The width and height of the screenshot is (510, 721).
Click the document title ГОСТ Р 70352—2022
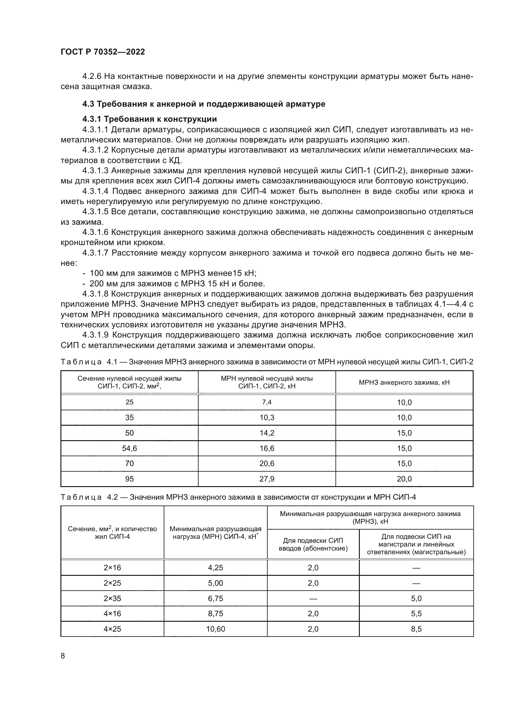(x=103, y=52)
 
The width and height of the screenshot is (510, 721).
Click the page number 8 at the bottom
(x=63, y=656)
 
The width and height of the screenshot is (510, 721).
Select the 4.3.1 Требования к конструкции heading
(x=150, y=119)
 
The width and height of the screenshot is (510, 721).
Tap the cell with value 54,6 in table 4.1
(x=130, y=449)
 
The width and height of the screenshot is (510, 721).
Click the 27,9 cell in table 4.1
(x=267, y=479)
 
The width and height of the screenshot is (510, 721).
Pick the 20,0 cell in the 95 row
(x=404, y=479)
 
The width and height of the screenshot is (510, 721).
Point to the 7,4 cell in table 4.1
(x=267, y=402)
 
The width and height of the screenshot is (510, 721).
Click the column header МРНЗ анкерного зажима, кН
(x=404, y=383)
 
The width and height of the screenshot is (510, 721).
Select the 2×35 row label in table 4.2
(x=112, y=599)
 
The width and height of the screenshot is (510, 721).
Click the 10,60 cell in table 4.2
(x=216, y=629)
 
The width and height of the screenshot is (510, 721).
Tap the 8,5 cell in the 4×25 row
(x=416, y=629)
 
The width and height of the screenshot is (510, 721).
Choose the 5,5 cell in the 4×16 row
(x=416, y=614)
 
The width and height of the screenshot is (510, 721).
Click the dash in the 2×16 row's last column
(x=416, y=568)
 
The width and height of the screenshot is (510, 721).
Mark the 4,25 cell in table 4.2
(x=216, y=568)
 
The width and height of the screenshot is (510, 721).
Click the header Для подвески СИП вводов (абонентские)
(x=313, y=544)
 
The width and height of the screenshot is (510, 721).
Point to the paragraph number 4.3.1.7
(x=96, y=253)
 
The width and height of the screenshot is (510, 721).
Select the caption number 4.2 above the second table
(x=112, y=497)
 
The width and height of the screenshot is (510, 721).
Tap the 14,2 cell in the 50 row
(x=267, y=433)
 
